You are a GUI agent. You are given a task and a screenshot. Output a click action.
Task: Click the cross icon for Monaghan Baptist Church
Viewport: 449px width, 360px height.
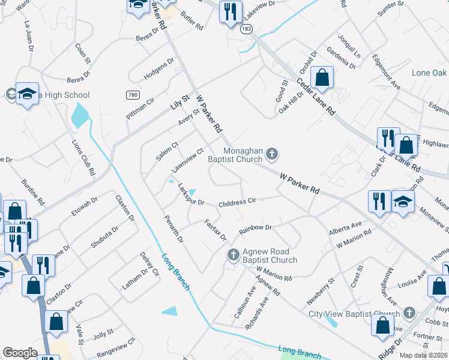271,155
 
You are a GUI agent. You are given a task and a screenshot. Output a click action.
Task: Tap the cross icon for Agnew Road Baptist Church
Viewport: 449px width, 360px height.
233,256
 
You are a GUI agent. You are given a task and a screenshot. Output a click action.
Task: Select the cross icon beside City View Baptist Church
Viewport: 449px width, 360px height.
409,313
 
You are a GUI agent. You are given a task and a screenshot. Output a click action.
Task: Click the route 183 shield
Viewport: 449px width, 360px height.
246,29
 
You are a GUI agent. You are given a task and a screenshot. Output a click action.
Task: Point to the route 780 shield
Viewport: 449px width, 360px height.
133,95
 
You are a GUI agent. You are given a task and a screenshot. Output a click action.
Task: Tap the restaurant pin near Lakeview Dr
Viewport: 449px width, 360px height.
231,12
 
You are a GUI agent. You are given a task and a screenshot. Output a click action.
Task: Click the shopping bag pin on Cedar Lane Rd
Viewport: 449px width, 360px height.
322,78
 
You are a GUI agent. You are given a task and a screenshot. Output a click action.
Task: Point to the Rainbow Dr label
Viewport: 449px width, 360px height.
256,229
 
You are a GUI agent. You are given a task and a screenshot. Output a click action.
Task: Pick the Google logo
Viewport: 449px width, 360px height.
20,353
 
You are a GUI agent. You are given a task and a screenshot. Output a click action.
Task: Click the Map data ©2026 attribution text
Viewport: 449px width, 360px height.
424,355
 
